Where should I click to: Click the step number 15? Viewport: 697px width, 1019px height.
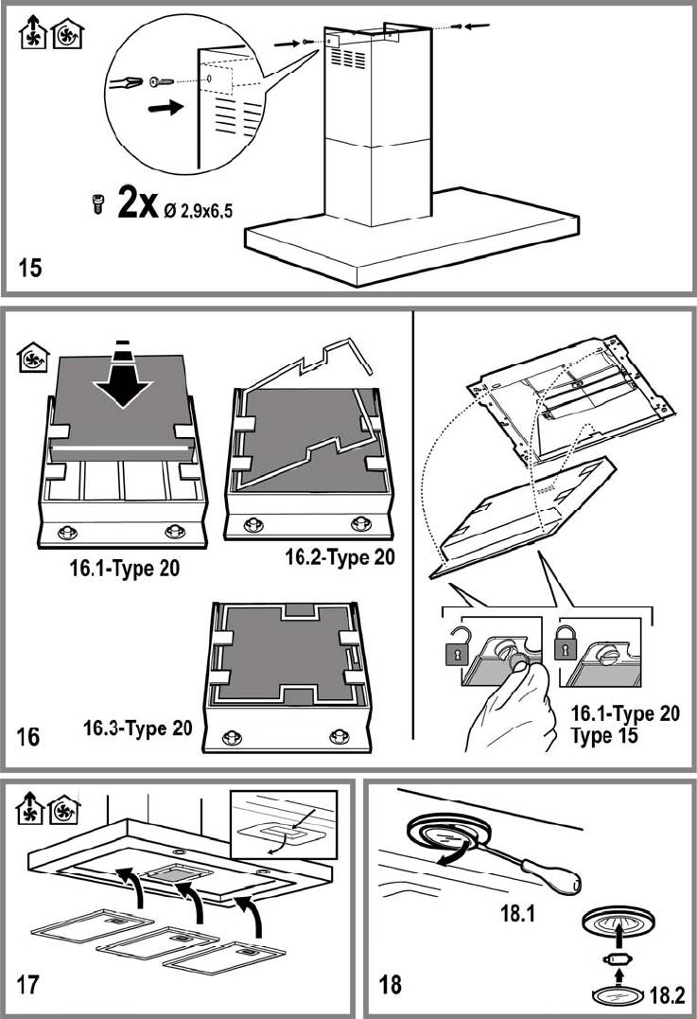(30, 268)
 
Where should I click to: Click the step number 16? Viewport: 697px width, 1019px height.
(29, 735)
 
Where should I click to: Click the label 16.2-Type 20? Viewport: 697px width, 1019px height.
(340, 558)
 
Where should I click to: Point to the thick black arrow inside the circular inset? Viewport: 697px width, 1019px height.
(164, 109)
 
